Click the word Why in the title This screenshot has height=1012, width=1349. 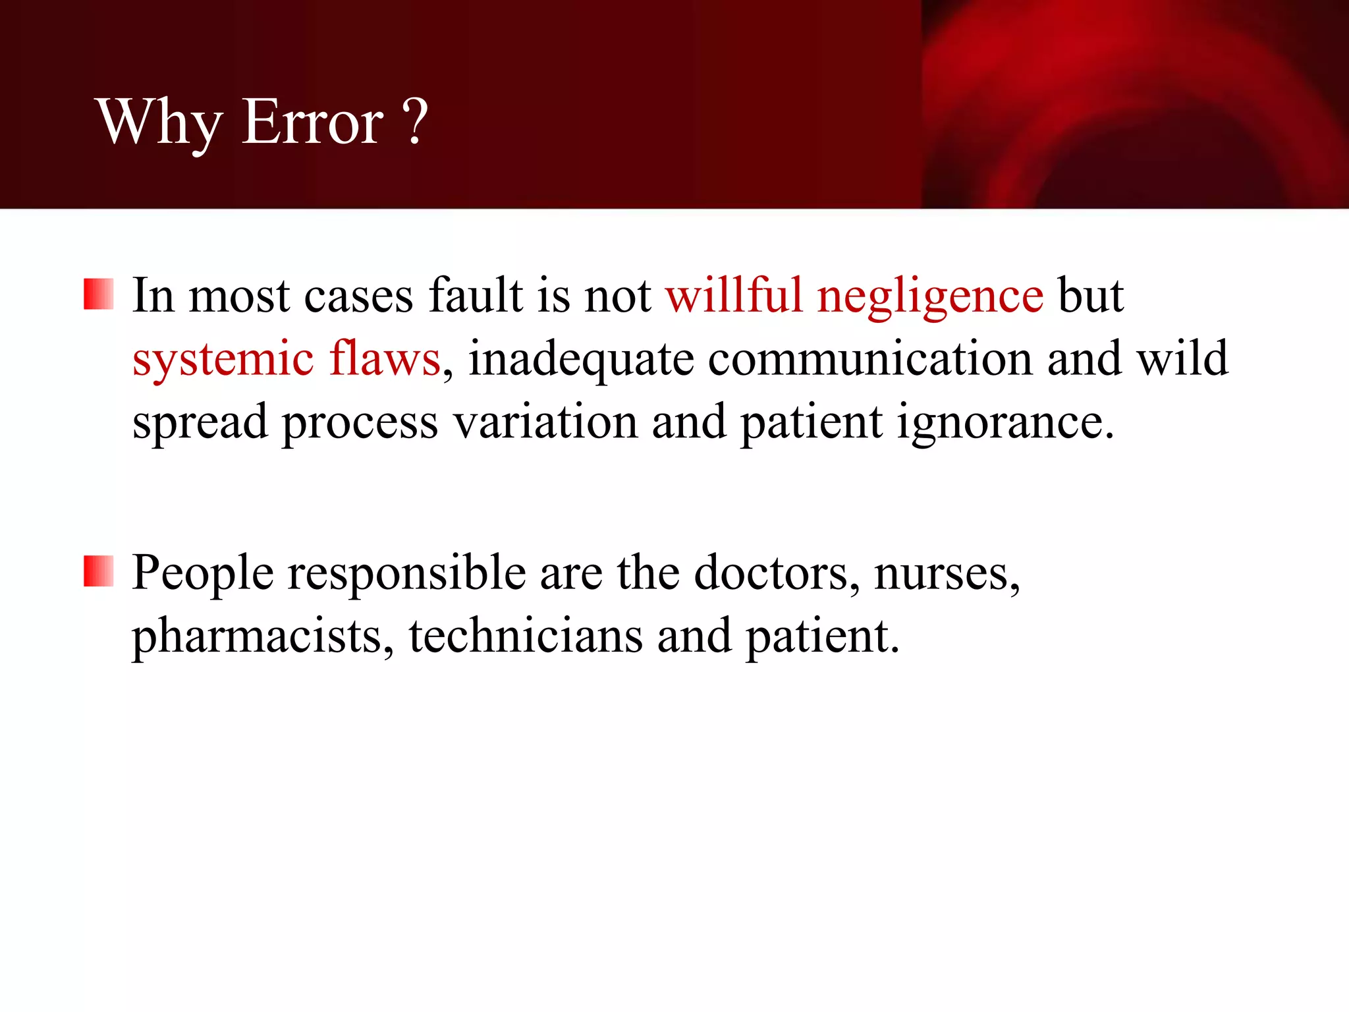[x=159, y=123]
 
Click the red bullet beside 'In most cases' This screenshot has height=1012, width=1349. [x=99, y=294]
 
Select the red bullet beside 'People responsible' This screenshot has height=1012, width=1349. [x=99, y=571]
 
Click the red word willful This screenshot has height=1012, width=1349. [x=734, y=295]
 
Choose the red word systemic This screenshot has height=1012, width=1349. [x=223, y=360]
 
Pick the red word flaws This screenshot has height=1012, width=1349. [x=385, y=358]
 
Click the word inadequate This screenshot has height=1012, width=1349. [x=581, y=360]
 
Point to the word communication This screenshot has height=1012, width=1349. [x=870, y=358]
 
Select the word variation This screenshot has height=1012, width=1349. [x=546, y=422]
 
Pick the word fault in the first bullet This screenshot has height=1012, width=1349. [x=476, y=295]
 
